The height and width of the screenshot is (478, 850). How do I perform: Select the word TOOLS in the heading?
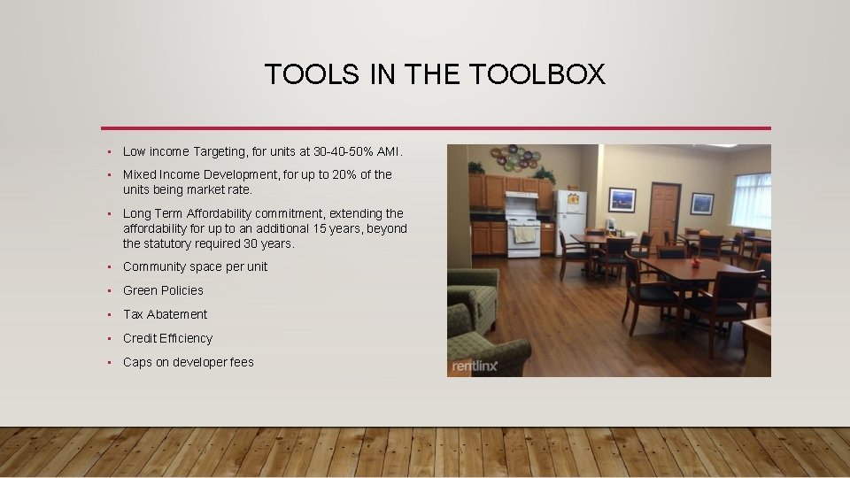(x=313, y=74)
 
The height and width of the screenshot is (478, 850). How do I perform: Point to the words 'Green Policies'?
(x=163, y=290)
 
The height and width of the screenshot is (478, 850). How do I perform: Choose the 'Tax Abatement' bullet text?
(x=165, y=314)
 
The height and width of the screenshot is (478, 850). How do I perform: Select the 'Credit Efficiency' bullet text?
(x=167, y=338)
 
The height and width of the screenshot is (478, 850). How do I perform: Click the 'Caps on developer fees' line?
(x=188, y=362)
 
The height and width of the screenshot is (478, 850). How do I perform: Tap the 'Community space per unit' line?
(x=195, y=266)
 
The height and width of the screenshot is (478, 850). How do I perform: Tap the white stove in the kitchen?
(x=522, y=228)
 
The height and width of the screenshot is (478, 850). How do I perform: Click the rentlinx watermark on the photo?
(x=475, y=366)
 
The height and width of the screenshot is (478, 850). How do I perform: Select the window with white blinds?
(x=751, y=201)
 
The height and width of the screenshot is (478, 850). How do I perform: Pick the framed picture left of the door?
(x=622, y=200)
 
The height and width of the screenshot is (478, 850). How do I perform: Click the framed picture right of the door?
(x=702, y=203)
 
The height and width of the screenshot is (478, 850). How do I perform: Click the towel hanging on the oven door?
(x=524, y=234)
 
